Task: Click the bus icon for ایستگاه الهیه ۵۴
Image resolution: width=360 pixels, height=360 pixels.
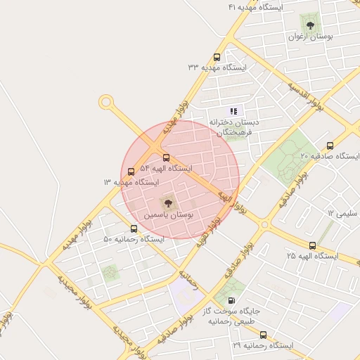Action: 166,158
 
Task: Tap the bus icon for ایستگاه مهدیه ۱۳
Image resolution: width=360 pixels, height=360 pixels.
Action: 131,172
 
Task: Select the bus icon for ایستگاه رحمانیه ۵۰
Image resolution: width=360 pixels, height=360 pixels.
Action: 134,229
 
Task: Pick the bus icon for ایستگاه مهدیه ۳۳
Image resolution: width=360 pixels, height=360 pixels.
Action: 216,58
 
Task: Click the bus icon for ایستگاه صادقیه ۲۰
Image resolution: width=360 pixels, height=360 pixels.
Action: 330,146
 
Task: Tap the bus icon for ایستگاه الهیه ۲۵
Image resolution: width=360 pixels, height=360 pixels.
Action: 313,245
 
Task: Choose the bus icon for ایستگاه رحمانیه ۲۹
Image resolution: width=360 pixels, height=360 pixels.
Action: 263,335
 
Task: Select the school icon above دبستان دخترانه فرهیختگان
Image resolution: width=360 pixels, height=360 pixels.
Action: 234,111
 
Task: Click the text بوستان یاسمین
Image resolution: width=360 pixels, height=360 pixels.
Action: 169,214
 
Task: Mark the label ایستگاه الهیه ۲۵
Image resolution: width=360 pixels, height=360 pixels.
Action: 312,257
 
